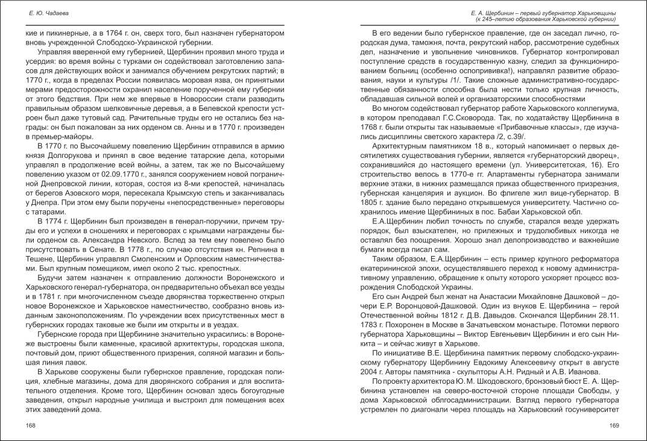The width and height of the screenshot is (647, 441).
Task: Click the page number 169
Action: pos(614,425)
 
